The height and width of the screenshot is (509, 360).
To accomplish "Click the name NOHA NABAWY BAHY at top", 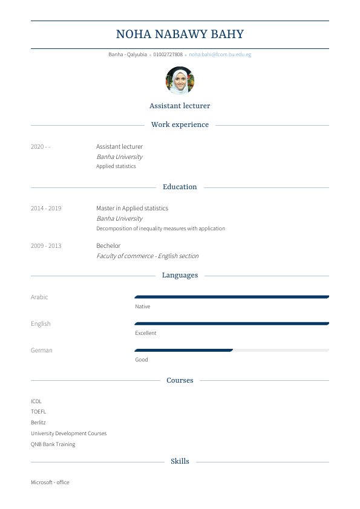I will pyautogui.click(x=180, y=34).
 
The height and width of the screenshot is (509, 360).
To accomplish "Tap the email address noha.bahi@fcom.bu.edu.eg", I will pyautogui.click(x=220, y=54).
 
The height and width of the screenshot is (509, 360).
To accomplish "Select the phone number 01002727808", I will pyautogui.click(x=168, y=54).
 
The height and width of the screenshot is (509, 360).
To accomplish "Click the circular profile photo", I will pyautogui.click(x=180, y=80).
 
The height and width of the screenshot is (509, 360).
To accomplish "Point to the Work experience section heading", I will pyautogui.click(x=180, y=125).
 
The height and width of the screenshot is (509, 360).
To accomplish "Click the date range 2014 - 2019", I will pyautogui.click(x=46, y=209).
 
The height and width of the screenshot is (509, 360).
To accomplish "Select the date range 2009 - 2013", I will pyautogui.click(x=46, y=246).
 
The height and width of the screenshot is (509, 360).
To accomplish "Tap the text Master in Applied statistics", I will pyautogui.click(x=132, y=209).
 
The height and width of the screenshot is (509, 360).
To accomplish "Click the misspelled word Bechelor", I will pyautogui.click(x=108, y=246).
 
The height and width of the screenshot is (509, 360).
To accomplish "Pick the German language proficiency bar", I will pyautogui.click(x=231, y=350).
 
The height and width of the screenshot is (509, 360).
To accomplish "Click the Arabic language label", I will pyautogui.click(x=39, y=297).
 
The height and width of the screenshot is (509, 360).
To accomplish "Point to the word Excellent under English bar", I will pyautogui.click(x=146, y=333).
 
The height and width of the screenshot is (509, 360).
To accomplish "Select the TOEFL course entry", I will pyautogui.click(x=38, y=412).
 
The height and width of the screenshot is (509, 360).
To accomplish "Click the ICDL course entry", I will pyautogui.click(x=36, y=401).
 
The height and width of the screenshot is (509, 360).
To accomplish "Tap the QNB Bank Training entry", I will pyautogui.click(x=53, y=444).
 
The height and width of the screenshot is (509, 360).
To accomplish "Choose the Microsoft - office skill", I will pyautogui.click(x=50, y=482).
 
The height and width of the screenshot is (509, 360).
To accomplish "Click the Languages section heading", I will pyautogui.click(x=180, y=275).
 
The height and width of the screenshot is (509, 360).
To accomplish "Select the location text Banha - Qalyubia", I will pyautogui.click(x=128, y=54).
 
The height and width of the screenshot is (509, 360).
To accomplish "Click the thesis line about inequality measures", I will pyautogui.click(x=160, y=229).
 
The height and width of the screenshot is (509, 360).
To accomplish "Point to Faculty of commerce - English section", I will pyautogui.click(x=147, y=256).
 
